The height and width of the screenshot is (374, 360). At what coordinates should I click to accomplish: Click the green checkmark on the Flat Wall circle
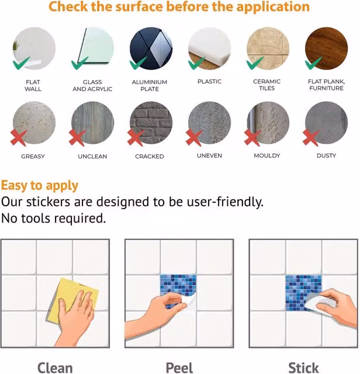(x=21, y=64)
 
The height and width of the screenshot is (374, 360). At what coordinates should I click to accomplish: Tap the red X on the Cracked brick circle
(x=136, y=138)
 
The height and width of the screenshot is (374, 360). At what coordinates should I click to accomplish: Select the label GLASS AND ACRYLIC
(x=92, y=85)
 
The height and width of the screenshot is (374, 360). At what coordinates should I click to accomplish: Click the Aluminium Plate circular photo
(x=151, y=49)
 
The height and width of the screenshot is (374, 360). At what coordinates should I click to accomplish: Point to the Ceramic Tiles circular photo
(x=268, y=49)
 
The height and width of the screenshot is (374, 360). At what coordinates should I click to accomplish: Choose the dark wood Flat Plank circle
(x=326, y=49)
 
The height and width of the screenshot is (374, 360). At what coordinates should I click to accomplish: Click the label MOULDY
(x=267, y=156)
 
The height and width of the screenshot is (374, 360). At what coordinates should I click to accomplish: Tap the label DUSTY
(x=326, y=156)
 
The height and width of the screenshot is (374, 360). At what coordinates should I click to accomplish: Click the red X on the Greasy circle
(x=19, y=138)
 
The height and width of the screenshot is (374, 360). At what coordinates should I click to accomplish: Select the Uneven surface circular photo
(x=209, y=123)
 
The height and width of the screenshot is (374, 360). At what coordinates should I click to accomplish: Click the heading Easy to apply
(x=40, y=186)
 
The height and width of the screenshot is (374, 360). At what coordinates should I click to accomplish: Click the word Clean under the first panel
(x=55, y=368)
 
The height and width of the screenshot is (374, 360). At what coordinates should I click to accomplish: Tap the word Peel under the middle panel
(x=179, y=368)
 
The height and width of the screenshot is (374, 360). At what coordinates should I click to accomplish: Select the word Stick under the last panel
(x=303, y=368)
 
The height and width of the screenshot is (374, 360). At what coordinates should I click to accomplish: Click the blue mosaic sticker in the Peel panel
(x=178, y=286)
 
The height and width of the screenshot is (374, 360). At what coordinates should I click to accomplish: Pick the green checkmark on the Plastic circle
(x=196, y=64)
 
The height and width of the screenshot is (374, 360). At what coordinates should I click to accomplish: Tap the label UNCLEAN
(x=92, y=157)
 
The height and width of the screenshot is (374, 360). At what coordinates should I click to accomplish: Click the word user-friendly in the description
(x=225, y=202)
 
